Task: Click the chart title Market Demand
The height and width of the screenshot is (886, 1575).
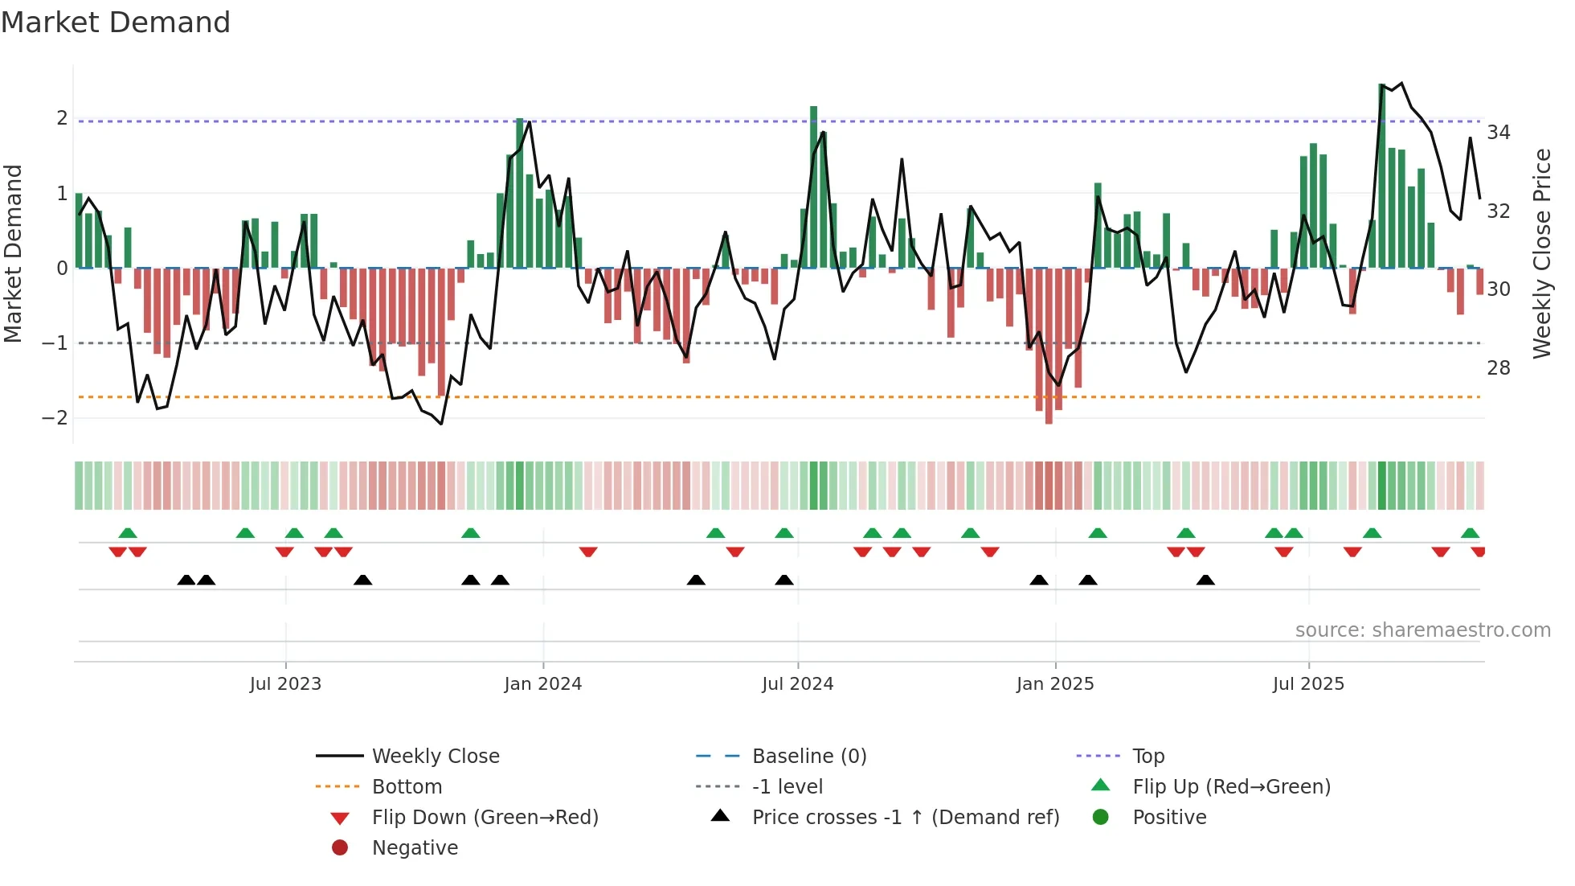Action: pos(116,23)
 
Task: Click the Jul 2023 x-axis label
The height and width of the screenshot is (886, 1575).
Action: pos(285,684)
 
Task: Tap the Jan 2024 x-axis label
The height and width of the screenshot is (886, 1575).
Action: pos(542,684)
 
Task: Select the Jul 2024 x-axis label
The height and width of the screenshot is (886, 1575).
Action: pos(797,684)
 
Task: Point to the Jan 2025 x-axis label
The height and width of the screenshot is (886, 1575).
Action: pos(1054,684)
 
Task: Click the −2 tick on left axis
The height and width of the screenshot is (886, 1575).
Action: pos(55,418)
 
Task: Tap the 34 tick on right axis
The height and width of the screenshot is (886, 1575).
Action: pos(1498,133)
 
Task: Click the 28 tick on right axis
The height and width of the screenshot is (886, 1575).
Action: pos(1498,368)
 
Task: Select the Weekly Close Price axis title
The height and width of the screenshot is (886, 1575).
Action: pos(1541,253)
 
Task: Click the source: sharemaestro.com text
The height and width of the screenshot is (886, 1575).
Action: pos(1422,630)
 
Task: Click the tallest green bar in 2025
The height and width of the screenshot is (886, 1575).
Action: pos(1382,176)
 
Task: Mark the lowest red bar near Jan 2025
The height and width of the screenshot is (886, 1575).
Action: pos(1049,346)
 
